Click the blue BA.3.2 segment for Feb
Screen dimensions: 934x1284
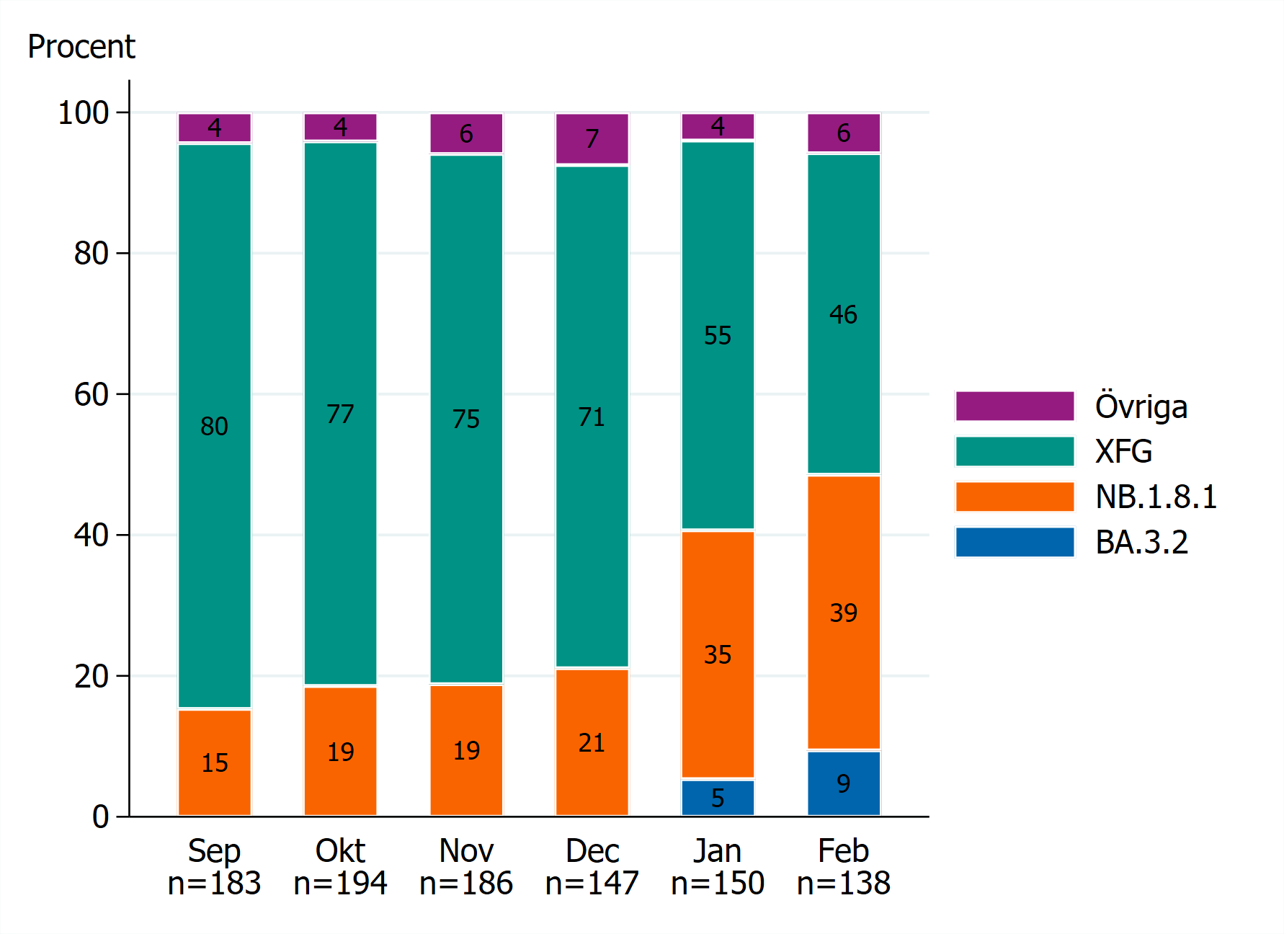click(x=843, y=783)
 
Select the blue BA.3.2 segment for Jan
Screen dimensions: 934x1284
click(x=717, y=798)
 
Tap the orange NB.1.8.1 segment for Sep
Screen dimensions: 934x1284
click(x=214, y=762)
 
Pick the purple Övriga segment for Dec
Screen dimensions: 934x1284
click(x=592, y=138)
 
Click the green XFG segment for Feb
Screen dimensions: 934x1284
click(x=843, y=314)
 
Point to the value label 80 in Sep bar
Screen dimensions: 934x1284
click(x=214, y=426)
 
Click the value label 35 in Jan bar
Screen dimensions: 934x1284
click(x=717, y=654)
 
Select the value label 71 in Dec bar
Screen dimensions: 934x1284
click(x=592, y=417)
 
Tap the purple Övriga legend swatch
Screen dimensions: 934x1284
click(x=1014, y=406)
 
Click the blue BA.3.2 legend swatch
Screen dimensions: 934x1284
click(x=1014, y=542)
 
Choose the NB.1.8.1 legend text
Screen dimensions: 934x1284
click(x=1156, y=497)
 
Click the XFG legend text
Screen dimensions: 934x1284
click(x=1123, y=452)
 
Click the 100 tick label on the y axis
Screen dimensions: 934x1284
click(x=83, y=113)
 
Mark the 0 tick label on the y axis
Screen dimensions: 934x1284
click(x=100, y=817)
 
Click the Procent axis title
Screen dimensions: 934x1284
click(x=81, y=47)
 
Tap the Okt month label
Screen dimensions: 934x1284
click(x=340, y=851)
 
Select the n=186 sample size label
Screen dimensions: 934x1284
click(x=465, y=884)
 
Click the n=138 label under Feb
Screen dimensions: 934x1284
click(x=843, y=884)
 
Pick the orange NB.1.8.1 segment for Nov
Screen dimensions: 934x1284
click(x=465, y=750)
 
